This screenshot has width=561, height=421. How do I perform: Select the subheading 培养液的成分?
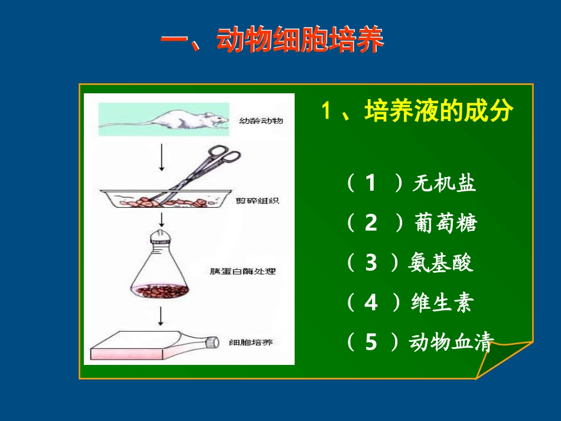coord(439,111)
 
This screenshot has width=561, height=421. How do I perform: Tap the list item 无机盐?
coord(444,184)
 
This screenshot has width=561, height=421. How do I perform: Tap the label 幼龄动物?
coord(261,121)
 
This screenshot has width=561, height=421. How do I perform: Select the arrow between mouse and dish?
coord(161,158)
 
